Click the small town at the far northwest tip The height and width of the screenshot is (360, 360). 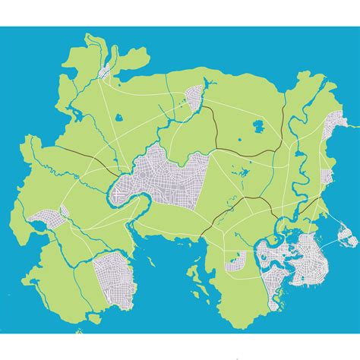106,73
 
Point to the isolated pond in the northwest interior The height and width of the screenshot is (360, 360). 118,118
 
